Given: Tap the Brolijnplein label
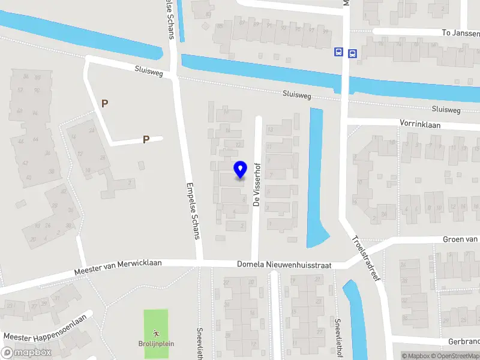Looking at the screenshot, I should tap(156, 344).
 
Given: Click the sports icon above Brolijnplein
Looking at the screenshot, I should tap(156, 332).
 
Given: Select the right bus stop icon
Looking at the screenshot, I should tap(352, 53).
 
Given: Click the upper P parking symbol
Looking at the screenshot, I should tap(105, 103).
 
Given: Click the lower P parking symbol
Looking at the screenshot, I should tap(146, 140).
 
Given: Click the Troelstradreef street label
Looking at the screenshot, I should tap(367, 261).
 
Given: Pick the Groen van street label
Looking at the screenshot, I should tap(461, 239).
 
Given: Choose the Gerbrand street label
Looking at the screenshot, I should tap(463, 341).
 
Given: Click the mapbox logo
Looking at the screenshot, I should tap(26, 352).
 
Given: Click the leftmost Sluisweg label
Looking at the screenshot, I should tap(148, 70).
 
